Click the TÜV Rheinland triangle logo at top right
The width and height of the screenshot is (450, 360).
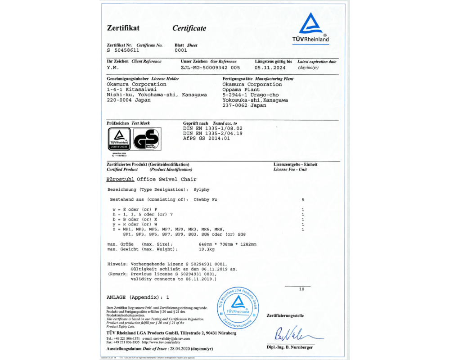click(x=314, y=25)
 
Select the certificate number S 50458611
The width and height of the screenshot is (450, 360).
click(x=123, y=50)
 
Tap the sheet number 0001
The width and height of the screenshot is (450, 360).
click(x=180, y=50)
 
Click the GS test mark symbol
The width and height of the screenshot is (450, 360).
click(x=146, y=139)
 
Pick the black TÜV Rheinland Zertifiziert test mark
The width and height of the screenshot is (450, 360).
click(x=119, y=139)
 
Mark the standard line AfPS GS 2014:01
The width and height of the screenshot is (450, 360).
click(x=207, y=139)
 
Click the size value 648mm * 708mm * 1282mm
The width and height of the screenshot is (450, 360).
click(x=227, y=244)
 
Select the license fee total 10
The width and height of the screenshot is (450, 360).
click(x=302, y=289)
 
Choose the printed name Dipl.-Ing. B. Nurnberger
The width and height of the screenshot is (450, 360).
click(x=289, y=347)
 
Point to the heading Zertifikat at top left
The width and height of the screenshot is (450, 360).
click(x=123, y=28)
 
